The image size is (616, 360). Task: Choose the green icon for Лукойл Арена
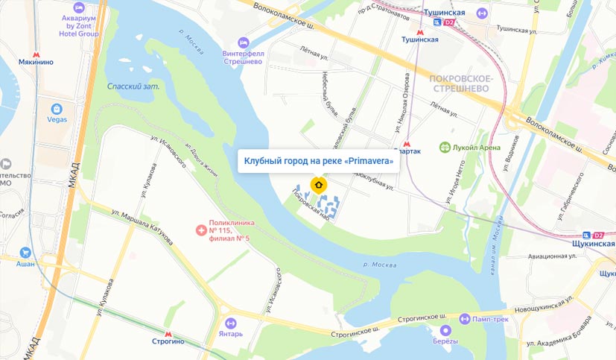444,147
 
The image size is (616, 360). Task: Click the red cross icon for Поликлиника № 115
199,231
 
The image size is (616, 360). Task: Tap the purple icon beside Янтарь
230,323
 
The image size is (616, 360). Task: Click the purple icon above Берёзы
446,330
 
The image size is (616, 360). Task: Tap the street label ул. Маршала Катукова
141,227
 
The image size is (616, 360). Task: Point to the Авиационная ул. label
552,256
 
